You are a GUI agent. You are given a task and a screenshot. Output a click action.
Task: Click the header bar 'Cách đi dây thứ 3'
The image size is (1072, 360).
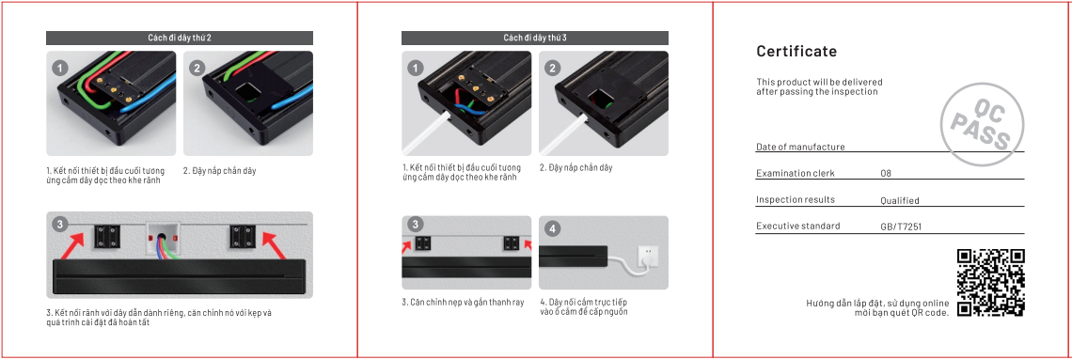pyautogui.click(x=534, y=38)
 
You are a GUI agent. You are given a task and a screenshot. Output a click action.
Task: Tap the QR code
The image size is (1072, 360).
pyautogui.click(x=990, y=283)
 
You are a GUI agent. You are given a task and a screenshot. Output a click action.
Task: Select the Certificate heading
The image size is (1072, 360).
pyautogui.click(x=796, y=51)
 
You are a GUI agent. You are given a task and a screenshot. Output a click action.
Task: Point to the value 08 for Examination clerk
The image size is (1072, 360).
pyautogui.click(x=886, y=174)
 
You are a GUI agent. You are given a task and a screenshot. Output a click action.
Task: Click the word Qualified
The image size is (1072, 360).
pyautogui.click(x=899, y=200)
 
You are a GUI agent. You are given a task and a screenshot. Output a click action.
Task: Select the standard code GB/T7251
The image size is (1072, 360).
pyautogui.click(x=900, y=227)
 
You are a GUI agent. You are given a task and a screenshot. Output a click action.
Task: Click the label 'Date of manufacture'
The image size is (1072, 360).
pyautogui.click(x=800, y=147)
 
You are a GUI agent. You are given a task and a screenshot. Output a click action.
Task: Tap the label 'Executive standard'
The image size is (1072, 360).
pyautogui.click(x=797, y=227)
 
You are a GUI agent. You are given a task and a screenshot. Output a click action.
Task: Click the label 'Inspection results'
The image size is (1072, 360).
pyautogui.click(x=795, y=200)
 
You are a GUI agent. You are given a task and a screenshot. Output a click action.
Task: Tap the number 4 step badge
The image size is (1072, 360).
pyautogui.click(x=553, y=228)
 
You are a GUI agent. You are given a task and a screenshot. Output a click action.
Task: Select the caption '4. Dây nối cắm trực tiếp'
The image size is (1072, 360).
pyautogui.click(x=583, y=302)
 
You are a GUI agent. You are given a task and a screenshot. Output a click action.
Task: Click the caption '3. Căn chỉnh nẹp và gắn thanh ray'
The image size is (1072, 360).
pyautogui.click(x=463, y=302)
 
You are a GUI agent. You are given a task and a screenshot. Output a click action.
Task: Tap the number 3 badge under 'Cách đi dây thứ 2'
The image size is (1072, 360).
pyautogui.click(x=59, y=225)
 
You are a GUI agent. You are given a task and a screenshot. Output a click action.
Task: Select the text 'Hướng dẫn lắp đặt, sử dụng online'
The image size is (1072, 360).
pyautogui.click(x=877, y=303)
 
